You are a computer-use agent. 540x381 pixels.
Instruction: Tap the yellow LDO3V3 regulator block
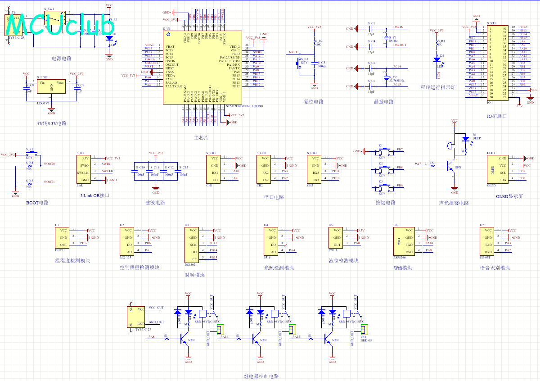point(51,87)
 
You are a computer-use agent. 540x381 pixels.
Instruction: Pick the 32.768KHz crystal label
point(396,80)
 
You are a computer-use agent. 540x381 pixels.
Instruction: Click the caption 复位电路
point(314,102)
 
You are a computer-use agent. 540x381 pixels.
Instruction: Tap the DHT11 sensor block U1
point(63,237)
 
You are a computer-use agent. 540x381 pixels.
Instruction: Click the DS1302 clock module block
point(193,245)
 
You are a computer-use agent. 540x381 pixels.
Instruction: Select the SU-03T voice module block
point(489,241)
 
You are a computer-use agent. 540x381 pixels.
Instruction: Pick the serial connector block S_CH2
point(265,169)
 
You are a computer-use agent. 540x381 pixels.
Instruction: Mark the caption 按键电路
point(385,203)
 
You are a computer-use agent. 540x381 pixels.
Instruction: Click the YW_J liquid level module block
point(337,237)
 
